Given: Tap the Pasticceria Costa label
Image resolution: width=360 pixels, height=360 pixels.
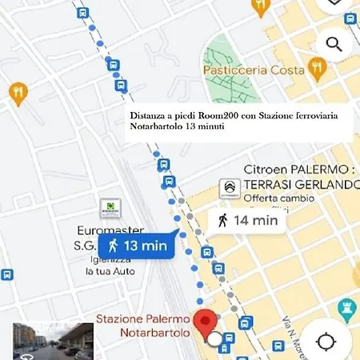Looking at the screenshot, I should pyautogui.click(x=254, y=70).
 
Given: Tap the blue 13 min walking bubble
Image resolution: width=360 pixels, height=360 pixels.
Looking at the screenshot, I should pyautogui.click(x=135, y=246).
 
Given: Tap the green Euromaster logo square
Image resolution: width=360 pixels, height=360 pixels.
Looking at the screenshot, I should pyautogui.click(x=110, y=208).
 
